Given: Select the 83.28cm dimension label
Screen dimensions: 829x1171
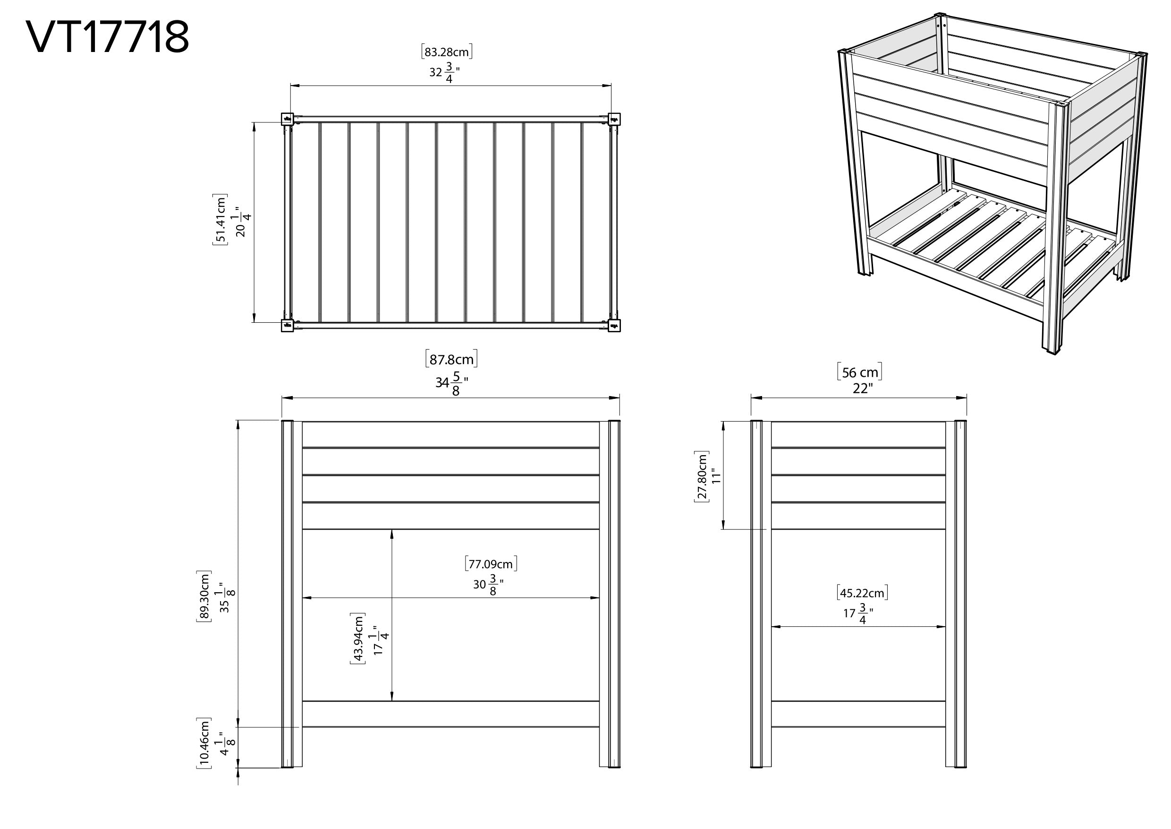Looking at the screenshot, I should tap(447, 52).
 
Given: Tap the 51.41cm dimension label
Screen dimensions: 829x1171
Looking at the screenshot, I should tap(220, 219).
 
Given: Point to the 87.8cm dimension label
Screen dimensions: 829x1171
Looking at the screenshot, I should tap(451, 359).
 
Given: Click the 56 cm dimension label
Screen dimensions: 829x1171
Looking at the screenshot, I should tap(859, 372).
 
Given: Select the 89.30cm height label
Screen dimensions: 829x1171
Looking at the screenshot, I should tap(204, 596).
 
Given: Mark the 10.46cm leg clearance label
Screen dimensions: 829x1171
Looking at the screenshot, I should tap(204, 743).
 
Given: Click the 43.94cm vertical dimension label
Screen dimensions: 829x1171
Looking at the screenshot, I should tap(357, 638).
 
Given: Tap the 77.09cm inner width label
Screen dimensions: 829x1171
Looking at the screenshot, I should tap(491, 564).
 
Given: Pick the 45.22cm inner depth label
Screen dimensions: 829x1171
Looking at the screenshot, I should tap(862, 593).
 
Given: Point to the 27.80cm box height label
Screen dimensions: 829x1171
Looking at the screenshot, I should tap(701, 477).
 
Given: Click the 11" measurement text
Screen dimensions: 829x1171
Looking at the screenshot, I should tap(717, 477).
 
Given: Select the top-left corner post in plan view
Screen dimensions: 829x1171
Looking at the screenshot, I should tap(288, 119).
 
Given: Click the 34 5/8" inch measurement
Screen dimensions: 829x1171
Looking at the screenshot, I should tap(451, 383).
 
